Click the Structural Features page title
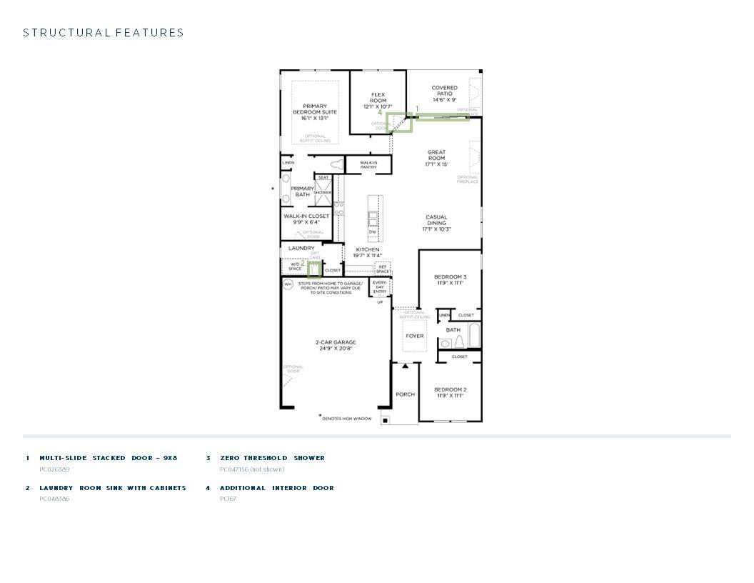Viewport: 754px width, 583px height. click(x=104, y=33)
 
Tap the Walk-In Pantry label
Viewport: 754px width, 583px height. click(x=368, y=165)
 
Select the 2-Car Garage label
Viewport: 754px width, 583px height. click(x=336, y=345)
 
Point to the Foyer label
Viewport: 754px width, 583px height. click(x=414, y=336)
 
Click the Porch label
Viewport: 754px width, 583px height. click(x=405, y=394)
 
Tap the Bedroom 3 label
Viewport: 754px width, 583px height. click(x=450, y=279)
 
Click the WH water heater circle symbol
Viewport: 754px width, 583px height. click(x=288, y=284)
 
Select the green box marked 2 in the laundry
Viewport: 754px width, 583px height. click(x=314, y=269)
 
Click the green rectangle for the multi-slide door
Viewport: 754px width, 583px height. click(x=443, y=117)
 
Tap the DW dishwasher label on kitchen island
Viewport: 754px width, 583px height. click(x=373, y=232)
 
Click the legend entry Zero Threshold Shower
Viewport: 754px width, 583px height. click(x=272, y=458)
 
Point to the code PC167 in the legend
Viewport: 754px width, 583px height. click(x=228, y=499)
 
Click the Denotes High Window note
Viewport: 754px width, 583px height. click(x=346, y=419)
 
